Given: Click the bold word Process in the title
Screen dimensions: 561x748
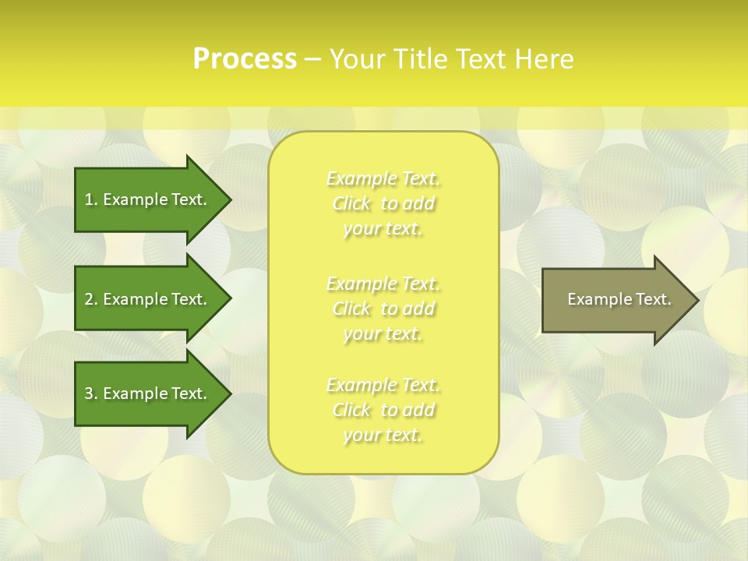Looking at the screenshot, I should (x=245, y=59).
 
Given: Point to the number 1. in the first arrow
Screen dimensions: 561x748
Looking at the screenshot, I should (x=90, y=199).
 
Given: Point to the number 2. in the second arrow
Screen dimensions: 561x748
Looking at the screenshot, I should (x=90, y=299).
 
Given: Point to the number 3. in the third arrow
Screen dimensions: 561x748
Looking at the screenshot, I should (x=90, y=393).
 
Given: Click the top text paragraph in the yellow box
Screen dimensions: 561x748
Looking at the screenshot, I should (x=383, y=204).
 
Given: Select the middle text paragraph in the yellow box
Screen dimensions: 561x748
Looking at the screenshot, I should (x=383, y=309).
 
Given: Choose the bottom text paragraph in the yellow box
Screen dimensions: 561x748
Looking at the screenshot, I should (x=383, y=410).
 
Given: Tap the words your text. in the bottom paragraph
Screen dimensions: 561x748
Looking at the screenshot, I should (x=383, y=436).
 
